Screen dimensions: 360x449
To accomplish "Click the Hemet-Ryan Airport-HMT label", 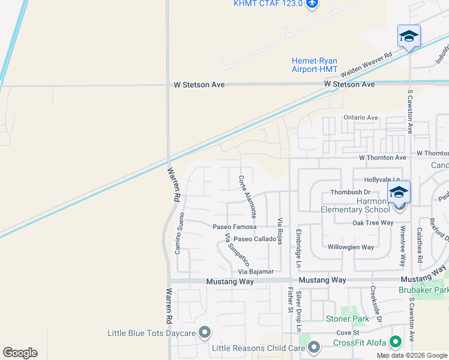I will click(x=315, y=65).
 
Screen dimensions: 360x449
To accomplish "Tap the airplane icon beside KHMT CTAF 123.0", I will click(x=312, y=4).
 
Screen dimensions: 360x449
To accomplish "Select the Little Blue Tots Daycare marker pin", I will click(x=205, y=332).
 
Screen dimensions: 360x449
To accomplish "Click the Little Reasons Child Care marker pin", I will click(x=313, y=347).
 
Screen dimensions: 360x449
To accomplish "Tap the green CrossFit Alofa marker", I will click(x=395, y=342).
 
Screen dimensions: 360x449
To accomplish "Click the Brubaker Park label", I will click(x=423, y=290).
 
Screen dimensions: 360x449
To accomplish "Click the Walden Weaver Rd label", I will click(x=366, y=64).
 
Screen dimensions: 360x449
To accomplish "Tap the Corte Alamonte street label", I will click(x=248, y=196).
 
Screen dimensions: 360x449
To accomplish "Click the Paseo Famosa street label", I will click(x=235, y=227).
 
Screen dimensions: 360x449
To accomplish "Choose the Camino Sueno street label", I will click(x=178, y=232).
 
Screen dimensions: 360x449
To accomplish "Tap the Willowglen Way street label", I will click(x=351, y=247).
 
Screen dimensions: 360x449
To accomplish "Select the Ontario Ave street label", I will click(x=360, y=118).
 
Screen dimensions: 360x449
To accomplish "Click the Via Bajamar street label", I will click(x=256, y=271).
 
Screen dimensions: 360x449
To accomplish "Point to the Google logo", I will click(x=20, y=353).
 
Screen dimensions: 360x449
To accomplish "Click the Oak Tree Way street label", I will click(x=372, y=223).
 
